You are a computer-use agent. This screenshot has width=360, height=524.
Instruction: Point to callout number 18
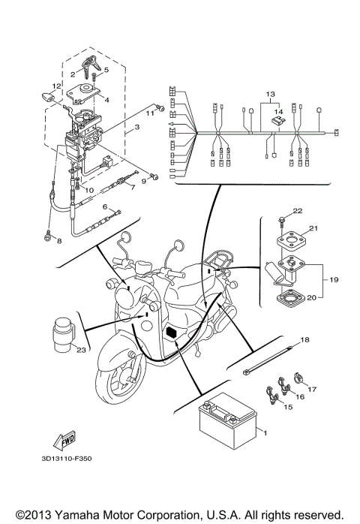click(305, 340)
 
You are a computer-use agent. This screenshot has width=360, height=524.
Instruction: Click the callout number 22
click(296, 211)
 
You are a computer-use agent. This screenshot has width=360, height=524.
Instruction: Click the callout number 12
click(55, 86)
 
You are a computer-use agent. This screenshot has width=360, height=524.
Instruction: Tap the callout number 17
click(313, 389)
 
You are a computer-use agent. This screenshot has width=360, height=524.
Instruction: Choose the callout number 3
click(136, 128)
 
